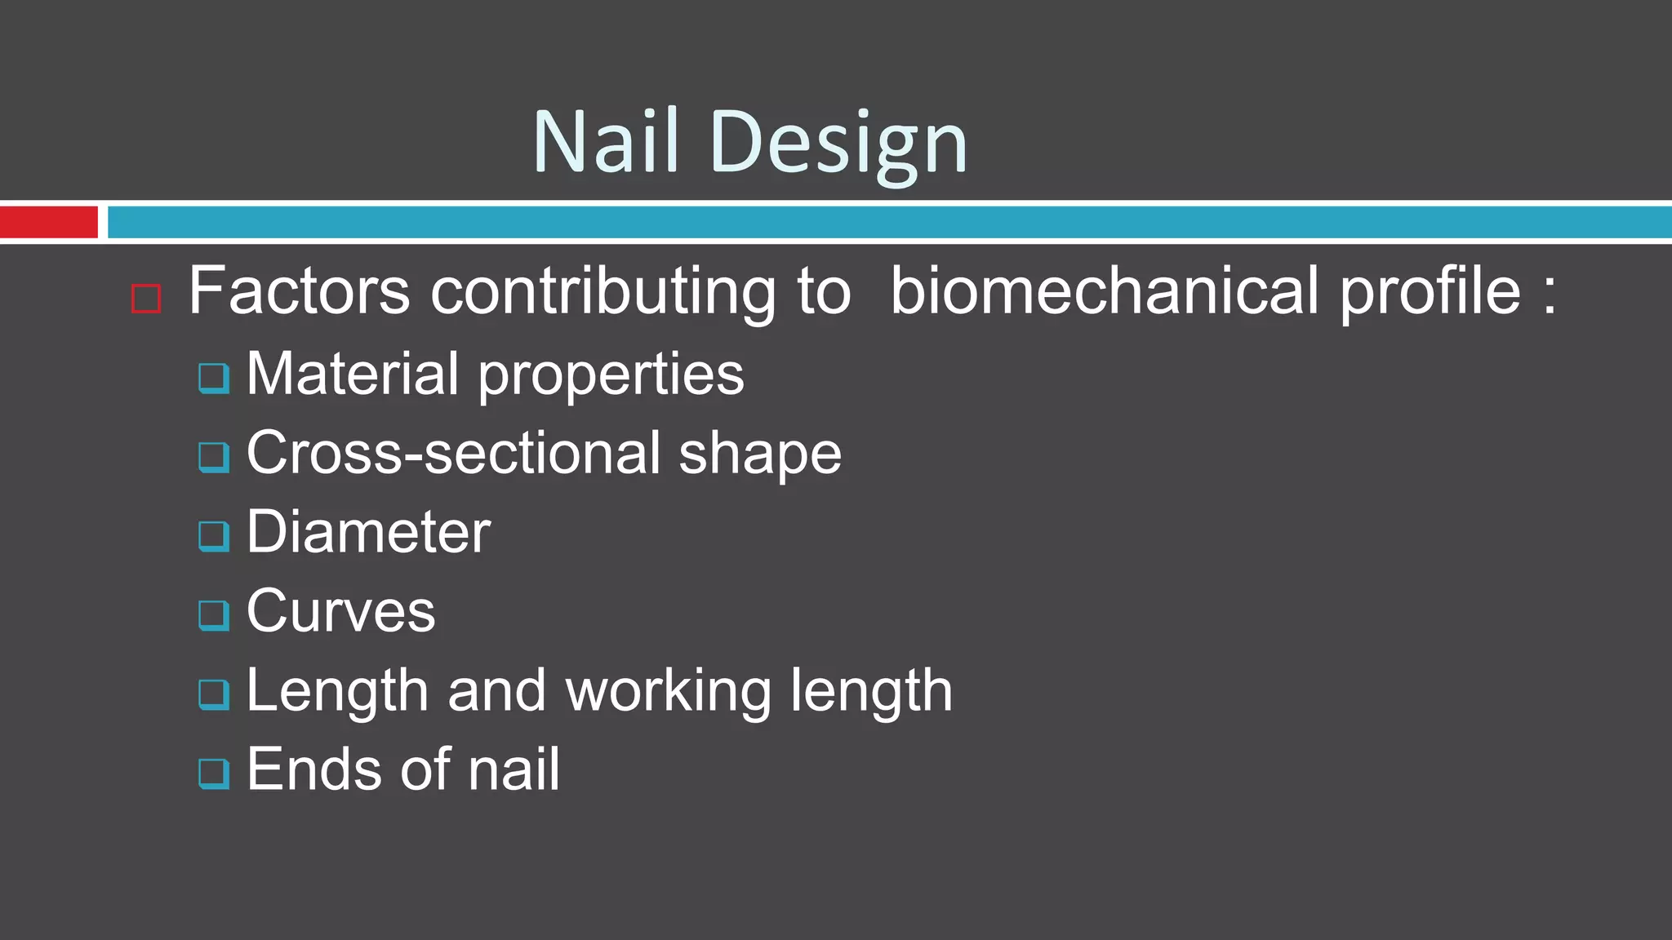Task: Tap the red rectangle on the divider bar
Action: [x=48, y=222]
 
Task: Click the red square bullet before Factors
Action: [x=146, y=299]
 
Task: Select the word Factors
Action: [x=299, y=290]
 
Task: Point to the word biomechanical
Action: [x=1104, y=290]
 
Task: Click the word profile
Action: [x=1430, y=292]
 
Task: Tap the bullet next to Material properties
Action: [x=214, y=378]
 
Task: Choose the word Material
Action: [x=352, y=374]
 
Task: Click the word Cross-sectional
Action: [x=453, y=453]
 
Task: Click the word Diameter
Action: [x=368, y=532]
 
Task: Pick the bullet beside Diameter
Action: [x=214, y=535]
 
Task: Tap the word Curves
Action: [x=340, y=610]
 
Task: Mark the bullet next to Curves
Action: [x=214, y=614]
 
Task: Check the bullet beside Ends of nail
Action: [x=214, y=773]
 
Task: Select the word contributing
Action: [x=603, y=292]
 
